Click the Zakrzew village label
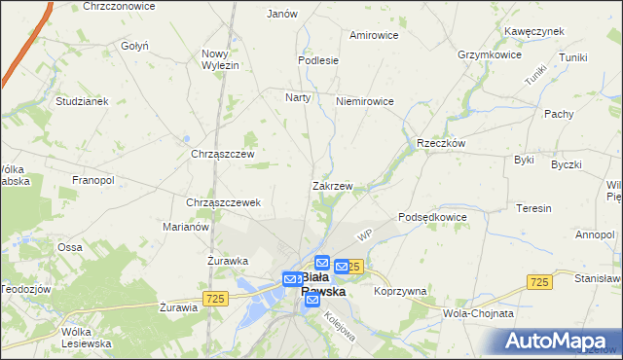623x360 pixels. pyautogui.click(x=332, y=185)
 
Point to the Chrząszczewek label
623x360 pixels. pyautogui.click(x=223, y=202)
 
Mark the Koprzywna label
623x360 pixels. pyautogui.click(x=400, y=291)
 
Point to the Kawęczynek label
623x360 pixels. pyautogui.click(x=534, y=31)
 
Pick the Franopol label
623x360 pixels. pyautogui.click(x=93, y=180)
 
